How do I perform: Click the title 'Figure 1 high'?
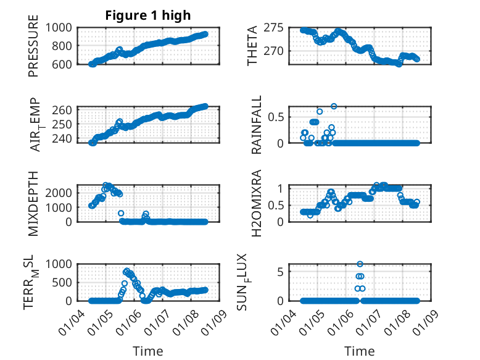click(x=148, y=15)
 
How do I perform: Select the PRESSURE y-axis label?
click(x=33, y=46)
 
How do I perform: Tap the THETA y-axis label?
click(x=253, y=46)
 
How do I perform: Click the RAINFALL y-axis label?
click(x=256, y=125)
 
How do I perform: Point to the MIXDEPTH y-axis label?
click(x=33, y=203)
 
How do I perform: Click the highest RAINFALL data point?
click(x=334, y=106)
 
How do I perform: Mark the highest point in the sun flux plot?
click(x=360, y=264)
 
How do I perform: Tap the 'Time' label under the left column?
click(x=148, y=351)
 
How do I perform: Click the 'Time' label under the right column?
click(x=360, y=351)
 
